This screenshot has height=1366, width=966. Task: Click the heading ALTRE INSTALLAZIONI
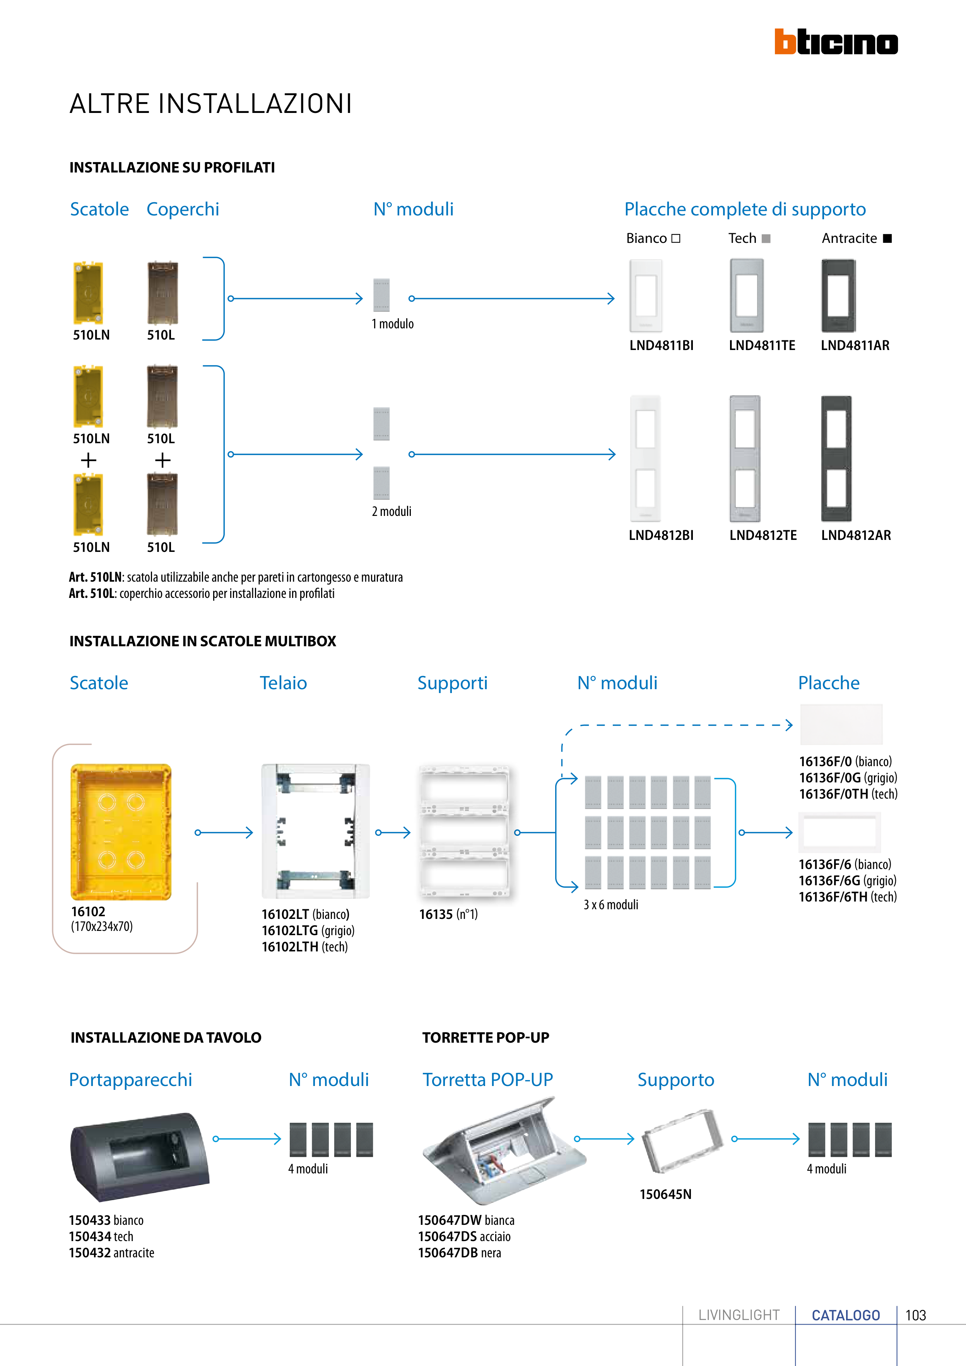(211, 104)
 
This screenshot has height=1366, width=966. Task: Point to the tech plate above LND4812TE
(745, 458)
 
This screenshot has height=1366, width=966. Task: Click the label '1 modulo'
(392, 324)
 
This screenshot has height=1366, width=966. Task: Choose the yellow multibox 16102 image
(121, 832)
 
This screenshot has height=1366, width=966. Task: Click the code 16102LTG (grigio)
(308, 931)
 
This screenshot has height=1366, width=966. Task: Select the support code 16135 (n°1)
(448, 914)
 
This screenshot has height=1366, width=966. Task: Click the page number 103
(915, 1315)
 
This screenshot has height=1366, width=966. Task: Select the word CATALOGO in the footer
(846, 1315)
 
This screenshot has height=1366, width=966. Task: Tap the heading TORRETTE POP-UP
(486, 1038)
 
